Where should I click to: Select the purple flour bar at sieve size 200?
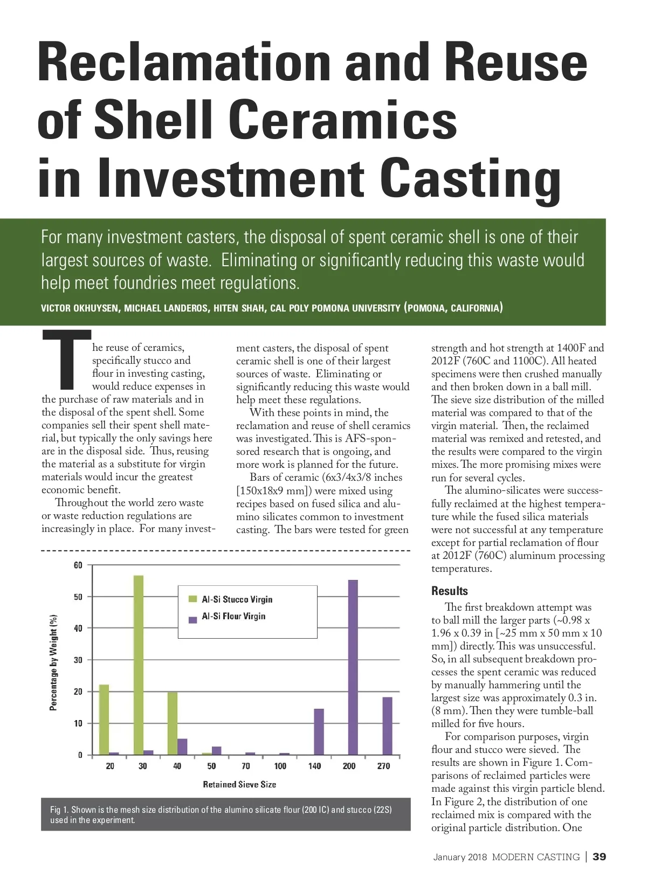pos(353,667)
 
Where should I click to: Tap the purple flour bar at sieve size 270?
pos(387,725)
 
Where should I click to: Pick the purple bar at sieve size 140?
pos(319,731)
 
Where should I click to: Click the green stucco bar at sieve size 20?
pos(104,720)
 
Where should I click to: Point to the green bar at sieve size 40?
pos(173,723)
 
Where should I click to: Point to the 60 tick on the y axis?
pos(78,565)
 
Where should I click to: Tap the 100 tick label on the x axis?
pos(280,766)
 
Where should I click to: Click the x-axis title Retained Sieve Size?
pos(239,784)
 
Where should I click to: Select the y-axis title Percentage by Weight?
pos(53,662)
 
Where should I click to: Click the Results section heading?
pos(450,591)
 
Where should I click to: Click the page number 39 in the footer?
pos(599,857)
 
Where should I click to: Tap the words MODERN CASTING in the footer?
pos(535,857)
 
